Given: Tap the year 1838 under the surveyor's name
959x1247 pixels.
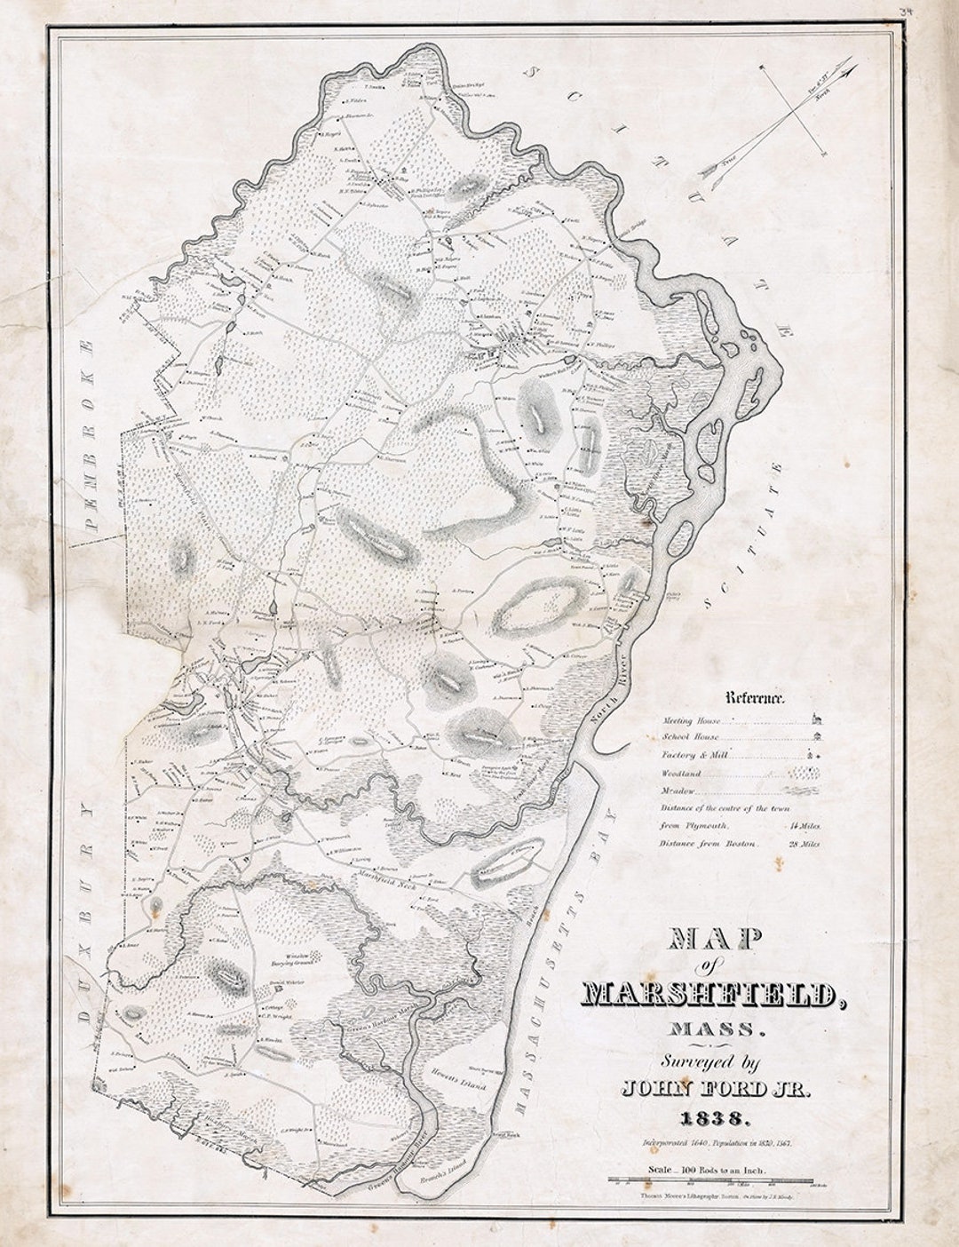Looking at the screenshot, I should coord(708,1116).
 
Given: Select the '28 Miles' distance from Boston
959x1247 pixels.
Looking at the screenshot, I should coord(804,844).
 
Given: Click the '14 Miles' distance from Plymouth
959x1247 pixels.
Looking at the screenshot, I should coord(804,826).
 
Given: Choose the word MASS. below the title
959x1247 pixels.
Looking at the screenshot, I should coord(711,1030).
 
